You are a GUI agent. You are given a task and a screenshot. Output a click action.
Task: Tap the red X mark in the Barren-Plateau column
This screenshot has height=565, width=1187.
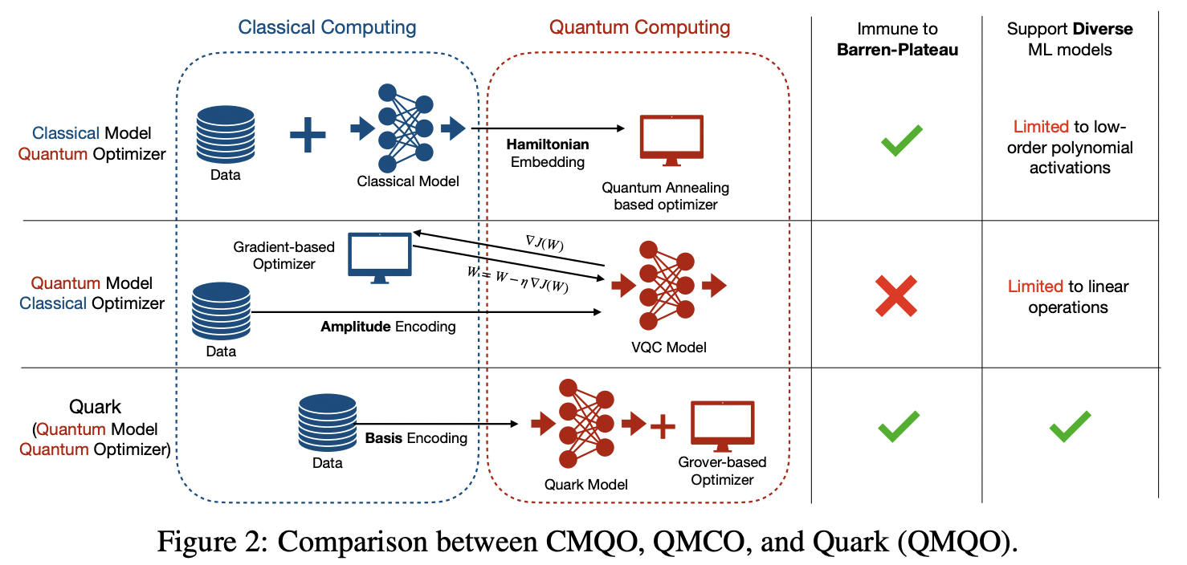tap(896, 295)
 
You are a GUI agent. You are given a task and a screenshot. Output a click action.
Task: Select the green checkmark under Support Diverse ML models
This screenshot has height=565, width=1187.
tap(1070, 426)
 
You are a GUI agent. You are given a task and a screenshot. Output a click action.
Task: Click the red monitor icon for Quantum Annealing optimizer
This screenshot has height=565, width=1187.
tap(671, 140)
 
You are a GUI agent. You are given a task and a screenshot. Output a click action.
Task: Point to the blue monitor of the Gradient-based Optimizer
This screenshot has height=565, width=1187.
tap(380, 254)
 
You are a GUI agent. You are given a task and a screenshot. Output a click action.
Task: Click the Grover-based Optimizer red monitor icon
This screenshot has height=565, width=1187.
tap(722, 426)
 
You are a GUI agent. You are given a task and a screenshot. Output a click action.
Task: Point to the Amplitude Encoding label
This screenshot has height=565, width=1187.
tap(388, 327)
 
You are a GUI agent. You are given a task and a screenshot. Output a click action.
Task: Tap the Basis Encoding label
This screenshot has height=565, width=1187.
tap(415, 438)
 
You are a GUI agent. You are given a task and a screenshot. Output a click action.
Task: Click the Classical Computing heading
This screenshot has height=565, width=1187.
tap(327, 27)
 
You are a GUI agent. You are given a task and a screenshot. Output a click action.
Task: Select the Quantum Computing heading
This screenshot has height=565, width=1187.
tap(639, 27)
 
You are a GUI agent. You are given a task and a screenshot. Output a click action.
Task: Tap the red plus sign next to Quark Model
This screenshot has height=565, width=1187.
tap(662, 425)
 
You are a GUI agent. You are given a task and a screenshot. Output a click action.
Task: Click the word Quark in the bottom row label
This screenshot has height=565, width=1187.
tap(96, 407)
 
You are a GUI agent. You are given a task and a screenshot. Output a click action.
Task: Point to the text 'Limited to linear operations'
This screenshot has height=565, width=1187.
tap(1067, 297)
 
